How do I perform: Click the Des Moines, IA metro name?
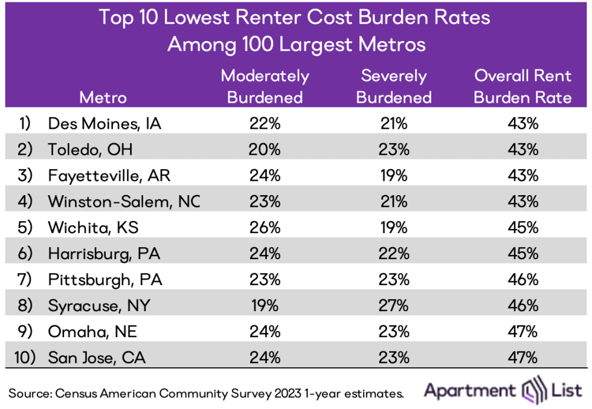[x=104, y=123]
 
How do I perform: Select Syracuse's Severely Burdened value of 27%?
[x=394, y=305]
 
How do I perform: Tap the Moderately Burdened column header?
[x=265, y=86]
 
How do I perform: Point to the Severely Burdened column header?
[x=394, y=86]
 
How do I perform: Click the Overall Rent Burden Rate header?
[x=523, y=86]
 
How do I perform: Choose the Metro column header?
[x=103, y=97]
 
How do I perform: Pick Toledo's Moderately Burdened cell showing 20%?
[x=265, y=149]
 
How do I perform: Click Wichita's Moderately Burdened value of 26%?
[x=265, y=227]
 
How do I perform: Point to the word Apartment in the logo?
[x=470, y=391]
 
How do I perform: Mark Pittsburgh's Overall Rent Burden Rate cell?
[x=523, y=279]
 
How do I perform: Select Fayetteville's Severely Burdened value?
[x=394, y=175]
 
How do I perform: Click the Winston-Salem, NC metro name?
[x=124, y=201]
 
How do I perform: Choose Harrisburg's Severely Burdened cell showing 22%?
[x=394, y=253]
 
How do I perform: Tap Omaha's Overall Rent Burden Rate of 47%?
[x=523, y=331]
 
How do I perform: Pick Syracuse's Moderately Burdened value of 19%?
[x=265, y=305]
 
